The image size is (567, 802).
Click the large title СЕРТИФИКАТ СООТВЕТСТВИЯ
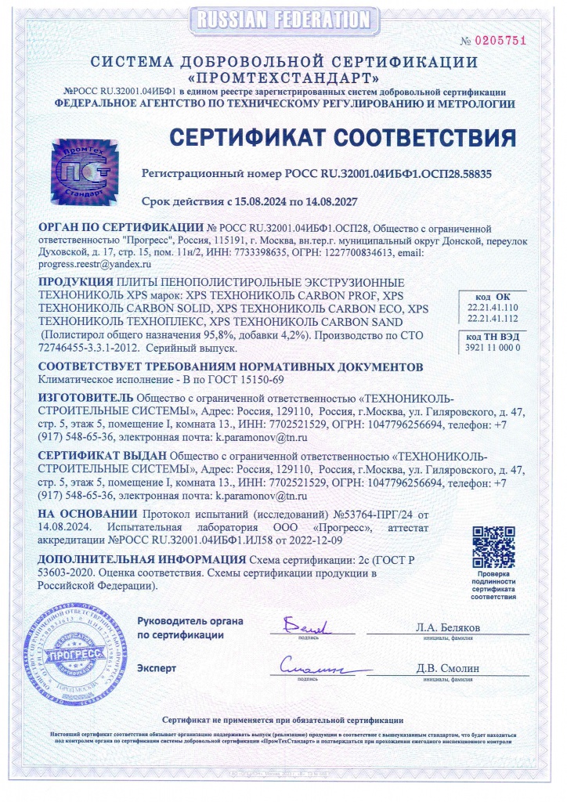344,139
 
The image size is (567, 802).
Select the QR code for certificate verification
493,548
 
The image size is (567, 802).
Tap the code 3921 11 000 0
493,347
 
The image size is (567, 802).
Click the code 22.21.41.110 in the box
493,309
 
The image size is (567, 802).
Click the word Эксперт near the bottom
157,668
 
